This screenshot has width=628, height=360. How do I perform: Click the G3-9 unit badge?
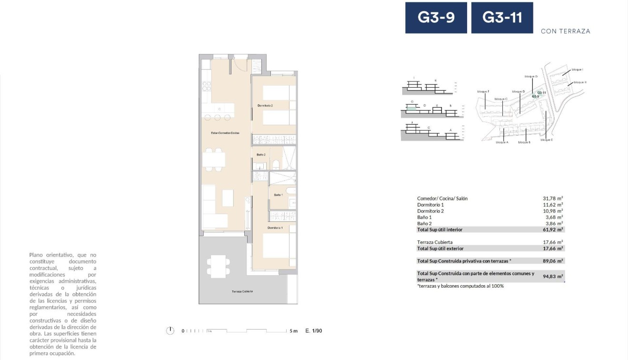(436, 18)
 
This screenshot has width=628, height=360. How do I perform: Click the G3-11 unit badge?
(502, 18)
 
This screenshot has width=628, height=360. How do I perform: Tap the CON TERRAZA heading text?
(565, 31)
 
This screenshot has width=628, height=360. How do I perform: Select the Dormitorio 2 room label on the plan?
(265, 105)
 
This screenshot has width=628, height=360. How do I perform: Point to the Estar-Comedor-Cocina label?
(225, 132)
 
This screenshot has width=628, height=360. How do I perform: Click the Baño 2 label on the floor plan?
(261, 154)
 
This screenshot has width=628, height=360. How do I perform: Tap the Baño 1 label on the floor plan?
(278, 195)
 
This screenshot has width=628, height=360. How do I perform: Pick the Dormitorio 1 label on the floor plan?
(275, 228)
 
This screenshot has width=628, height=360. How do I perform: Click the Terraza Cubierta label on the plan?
(242, 291)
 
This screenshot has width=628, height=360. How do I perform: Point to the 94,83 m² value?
(553, 276)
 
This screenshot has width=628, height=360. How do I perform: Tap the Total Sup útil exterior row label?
(440, 248)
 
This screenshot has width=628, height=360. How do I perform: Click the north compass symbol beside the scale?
(170, 330)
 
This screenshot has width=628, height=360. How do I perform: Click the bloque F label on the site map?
(483, 91)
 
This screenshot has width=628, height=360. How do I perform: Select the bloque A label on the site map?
(502, 142)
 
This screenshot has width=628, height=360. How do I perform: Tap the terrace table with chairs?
(219, 266)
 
